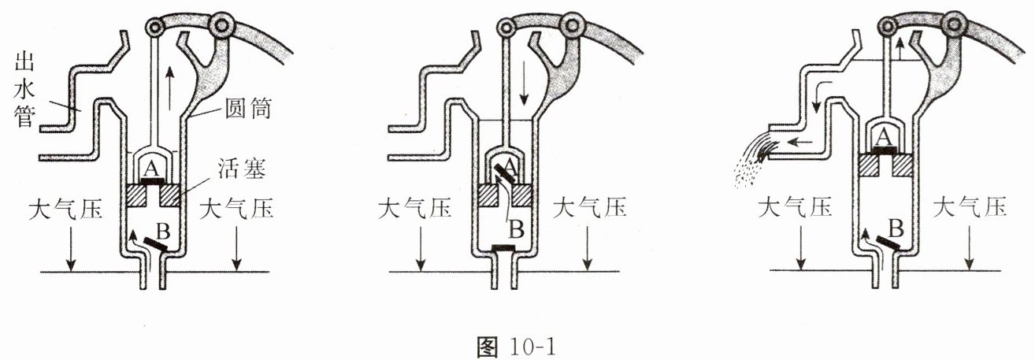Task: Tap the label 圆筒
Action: pos(251,109)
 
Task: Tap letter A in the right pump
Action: pos(885,137)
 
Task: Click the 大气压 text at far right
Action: pos(970,208)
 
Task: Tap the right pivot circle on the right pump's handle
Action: pos(952,28)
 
